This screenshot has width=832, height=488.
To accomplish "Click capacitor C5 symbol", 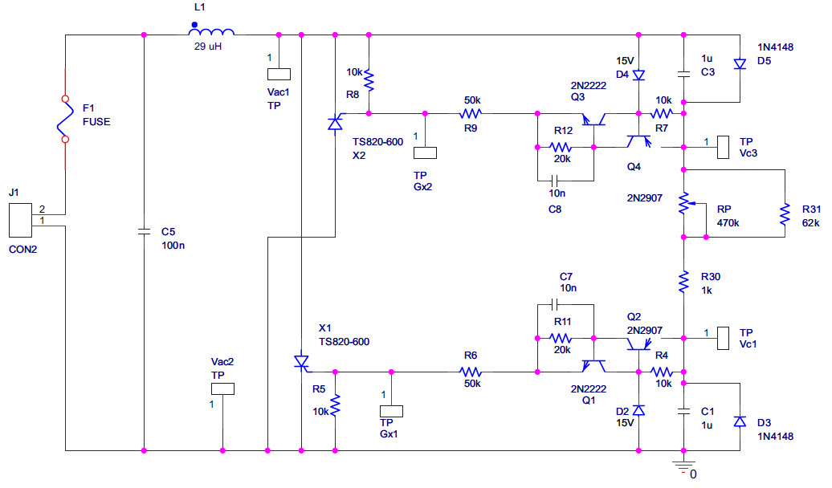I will coord(144,231).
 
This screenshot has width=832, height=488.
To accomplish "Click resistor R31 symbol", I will coord(784,213).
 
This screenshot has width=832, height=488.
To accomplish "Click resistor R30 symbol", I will coord(683,281).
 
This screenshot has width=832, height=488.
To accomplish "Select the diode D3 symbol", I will coord(739,421).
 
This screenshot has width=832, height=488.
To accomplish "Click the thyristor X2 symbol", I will coord(335,123).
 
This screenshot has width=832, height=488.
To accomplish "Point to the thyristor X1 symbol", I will coord(300,363).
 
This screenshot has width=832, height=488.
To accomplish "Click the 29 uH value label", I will coord(208,47).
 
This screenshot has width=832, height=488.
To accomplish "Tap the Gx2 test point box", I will coord(425,152).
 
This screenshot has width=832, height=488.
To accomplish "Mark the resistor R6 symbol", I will coord(471,372).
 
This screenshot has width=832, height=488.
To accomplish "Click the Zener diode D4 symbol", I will coord(638,75).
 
